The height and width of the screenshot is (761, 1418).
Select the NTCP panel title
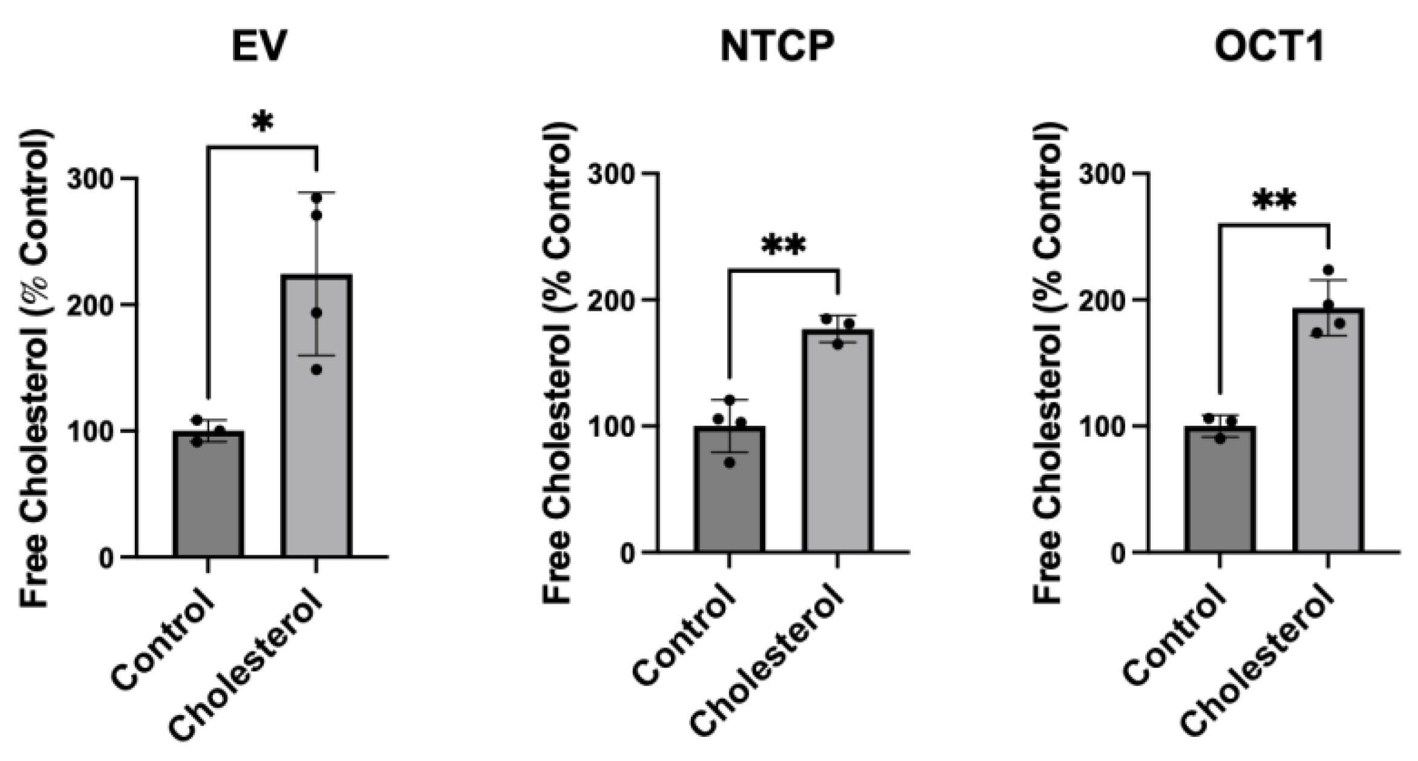point(777,47)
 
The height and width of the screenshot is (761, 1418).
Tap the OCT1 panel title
point(1269,47)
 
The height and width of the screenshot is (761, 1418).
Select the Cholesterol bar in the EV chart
point(316,423)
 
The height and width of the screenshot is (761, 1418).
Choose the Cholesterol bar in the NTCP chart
point(837,448)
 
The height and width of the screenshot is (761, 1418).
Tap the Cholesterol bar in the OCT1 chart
point(1328,436)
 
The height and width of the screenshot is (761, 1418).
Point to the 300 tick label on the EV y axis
point(91,179)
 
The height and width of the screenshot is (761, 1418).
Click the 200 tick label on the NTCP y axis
point(611,300)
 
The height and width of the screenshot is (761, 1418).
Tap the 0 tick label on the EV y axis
point(106,558)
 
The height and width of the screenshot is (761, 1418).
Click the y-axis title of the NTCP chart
point(557,363)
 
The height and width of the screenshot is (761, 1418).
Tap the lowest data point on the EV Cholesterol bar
point(316,370)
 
